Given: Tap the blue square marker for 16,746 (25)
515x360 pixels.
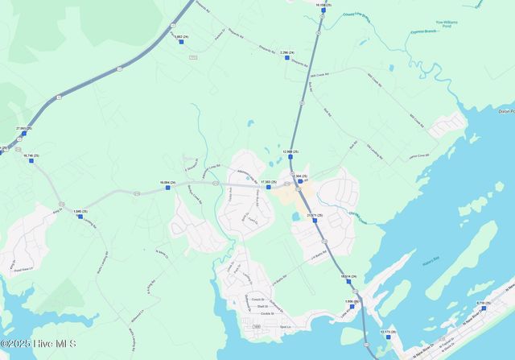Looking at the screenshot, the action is point(31,160).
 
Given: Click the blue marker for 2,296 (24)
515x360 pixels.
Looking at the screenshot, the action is point(286,57).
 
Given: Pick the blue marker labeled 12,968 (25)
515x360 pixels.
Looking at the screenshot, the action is point(290,156).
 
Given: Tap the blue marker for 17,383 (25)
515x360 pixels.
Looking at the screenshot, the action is point(269,187).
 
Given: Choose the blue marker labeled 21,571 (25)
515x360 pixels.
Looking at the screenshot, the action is point(315,221).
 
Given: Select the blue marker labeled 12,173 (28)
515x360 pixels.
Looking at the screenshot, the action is point(388,337).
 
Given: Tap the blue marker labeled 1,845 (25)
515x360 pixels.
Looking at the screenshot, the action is point(80,216).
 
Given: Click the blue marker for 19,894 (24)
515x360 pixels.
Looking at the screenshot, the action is point(168,188).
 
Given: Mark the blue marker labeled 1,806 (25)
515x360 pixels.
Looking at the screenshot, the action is point(352,306).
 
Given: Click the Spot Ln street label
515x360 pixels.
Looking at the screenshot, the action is point(283,327).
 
